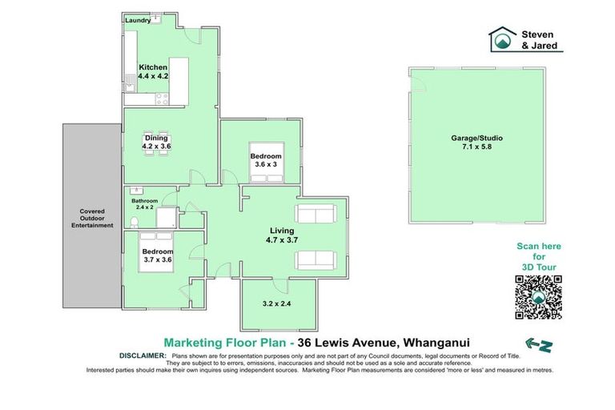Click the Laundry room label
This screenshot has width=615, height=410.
tap(139, 22)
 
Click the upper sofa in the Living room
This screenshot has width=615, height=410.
tap(316, 214)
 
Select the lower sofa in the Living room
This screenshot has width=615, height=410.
tap(316, 259)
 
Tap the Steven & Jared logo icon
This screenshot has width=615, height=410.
tap(501, 39)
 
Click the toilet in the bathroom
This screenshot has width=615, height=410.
tap(135, 220)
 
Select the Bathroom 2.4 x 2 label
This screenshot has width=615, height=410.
tap(145, 204)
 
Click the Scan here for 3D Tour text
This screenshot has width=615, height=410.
tap(538, 256)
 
